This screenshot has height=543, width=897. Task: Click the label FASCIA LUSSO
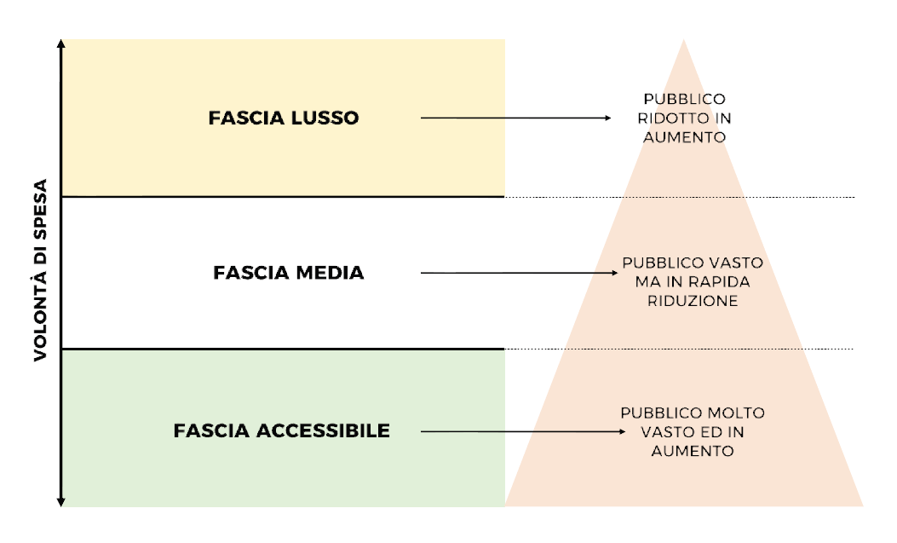pos(284,118)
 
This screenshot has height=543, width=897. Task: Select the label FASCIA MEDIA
pos(288,273)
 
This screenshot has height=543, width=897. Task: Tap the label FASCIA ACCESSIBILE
pos(282,430)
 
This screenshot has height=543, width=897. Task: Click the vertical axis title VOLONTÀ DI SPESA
pos(42,271)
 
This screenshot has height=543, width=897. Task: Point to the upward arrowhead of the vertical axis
pos(61,43)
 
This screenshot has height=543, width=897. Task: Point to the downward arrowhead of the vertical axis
pos(61,502)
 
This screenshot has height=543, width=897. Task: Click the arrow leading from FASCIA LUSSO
pos(515,118)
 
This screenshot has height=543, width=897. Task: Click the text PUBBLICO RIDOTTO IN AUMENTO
pos(684,118)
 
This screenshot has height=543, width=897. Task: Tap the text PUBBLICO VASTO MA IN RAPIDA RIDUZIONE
pos(692,281)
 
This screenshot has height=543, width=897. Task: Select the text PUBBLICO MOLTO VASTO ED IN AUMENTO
pos(692,431)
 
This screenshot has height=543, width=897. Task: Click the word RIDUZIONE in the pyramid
pos(692,301)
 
